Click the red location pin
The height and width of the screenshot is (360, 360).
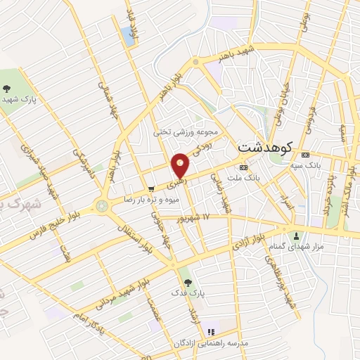(181, 165)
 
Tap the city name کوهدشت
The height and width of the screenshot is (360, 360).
(266, 148)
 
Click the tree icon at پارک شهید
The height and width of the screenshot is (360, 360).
(7, 89)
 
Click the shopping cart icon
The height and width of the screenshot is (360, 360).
(151, 188)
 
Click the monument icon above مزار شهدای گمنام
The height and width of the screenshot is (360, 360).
(296, 236)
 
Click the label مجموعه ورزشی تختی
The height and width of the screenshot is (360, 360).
(191, 131)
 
